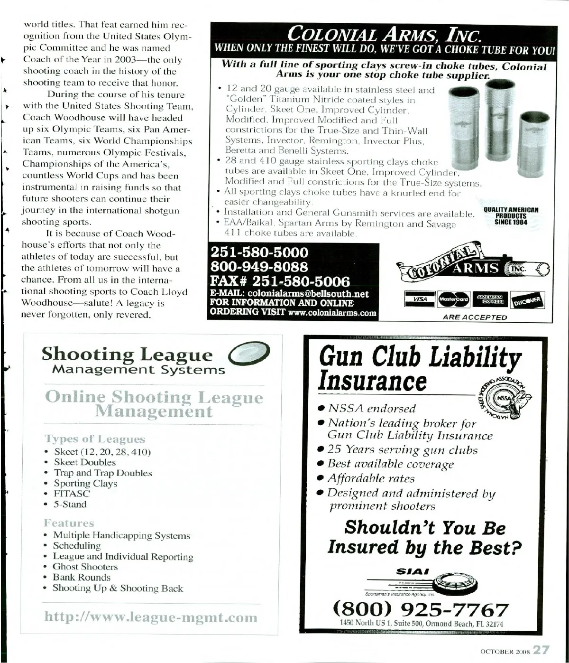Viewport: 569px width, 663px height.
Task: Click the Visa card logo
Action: pos(420,299)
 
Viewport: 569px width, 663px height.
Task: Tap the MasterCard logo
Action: pos(454,299)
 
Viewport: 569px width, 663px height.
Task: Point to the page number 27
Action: pos(541,650)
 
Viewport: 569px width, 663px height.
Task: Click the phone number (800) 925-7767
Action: pos(421,609)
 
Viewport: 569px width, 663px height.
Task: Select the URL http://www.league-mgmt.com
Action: pos(151,617)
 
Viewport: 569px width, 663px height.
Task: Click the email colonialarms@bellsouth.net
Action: pos(308,294)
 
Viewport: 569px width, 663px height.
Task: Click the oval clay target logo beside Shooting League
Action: pos(249,354)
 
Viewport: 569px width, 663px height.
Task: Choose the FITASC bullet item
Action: pos(72,494)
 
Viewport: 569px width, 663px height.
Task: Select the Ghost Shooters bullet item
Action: pos(85,567)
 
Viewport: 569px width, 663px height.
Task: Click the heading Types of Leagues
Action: pos(95,439)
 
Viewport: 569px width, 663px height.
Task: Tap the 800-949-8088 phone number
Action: pos(259,267)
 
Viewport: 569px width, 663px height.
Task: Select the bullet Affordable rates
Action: pos(371,478)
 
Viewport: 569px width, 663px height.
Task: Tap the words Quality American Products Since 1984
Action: pos(511,216)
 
